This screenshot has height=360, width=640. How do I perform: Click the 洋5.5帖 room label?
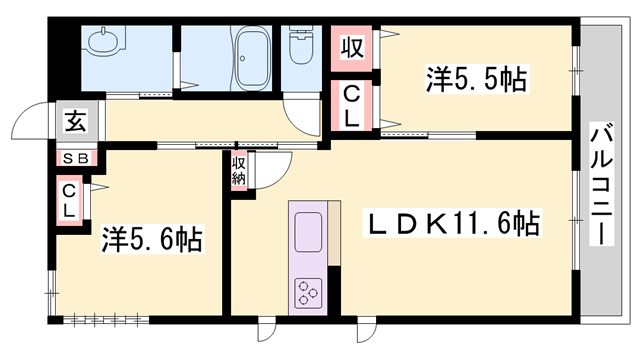pyautogui.click(x=477, y=79)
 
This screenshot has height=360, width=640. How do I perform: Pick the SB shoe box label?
pyautogui.click(x=76, y=158)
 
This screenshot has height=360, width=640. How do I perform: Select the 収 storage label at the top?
pyautogui.click(x=352, y=46)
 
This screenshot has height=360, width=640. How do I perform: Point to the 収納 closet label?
pyautogui.click(x=240, y=171)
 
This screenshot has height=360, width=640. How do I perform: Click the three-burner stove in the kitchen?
pyautogui.click(x=308, y=293)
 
